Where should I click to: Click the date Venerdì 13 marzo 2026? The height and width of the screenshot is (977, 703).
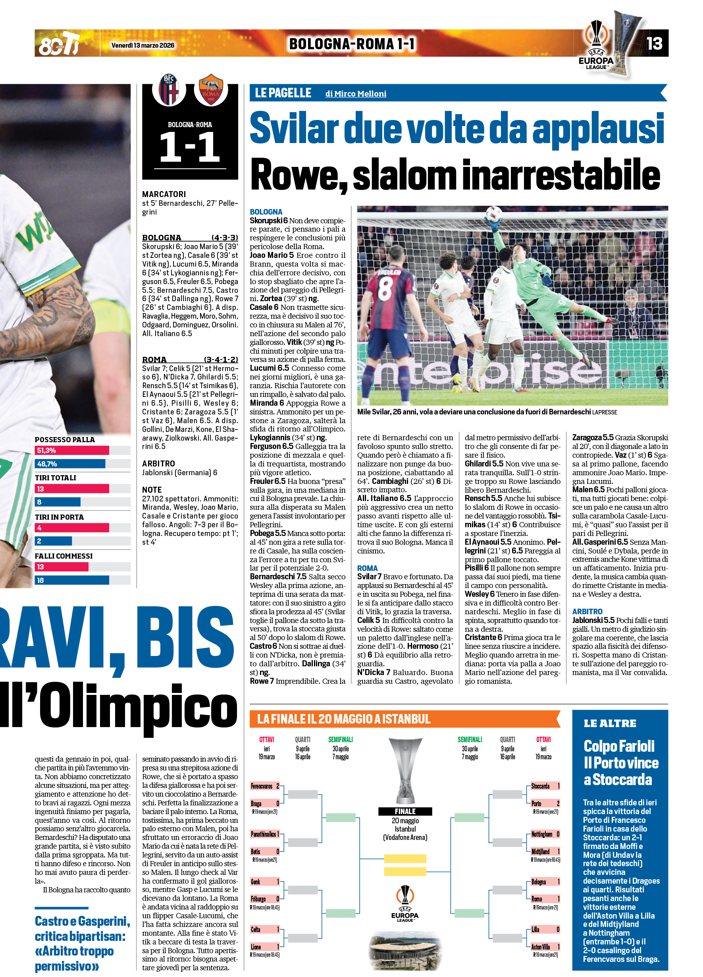point(143,45)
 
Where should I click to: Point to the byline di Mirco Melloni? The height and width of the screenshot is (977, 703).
point(356,93)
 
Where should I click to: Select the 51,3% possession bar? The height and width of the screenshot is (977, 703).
point(72,450)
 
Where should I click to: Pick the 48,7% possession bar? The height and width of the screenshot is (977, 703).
point(70,464)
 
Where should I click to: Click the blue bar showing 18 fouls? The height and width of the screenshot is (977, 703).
point(72,580)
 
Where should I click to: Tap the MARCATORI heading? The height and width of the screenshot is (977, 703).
point(164,194)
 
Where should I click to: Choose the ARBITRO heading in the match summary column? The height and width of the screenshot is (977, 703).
point(158,464)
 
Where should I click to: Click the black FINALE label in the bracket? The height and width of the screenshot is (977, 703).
point(405,811)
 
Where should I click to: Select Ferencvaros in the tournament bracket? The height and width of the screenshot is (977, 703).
point(262,786)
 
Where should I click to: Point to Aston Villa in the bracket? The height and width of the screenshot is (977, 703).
point(540,947)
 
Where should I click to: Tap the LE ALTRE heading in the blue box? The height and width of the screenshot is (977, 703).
point(610,723)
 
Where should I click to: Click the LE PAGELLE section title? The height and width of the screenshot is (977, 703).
point(283,93)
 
